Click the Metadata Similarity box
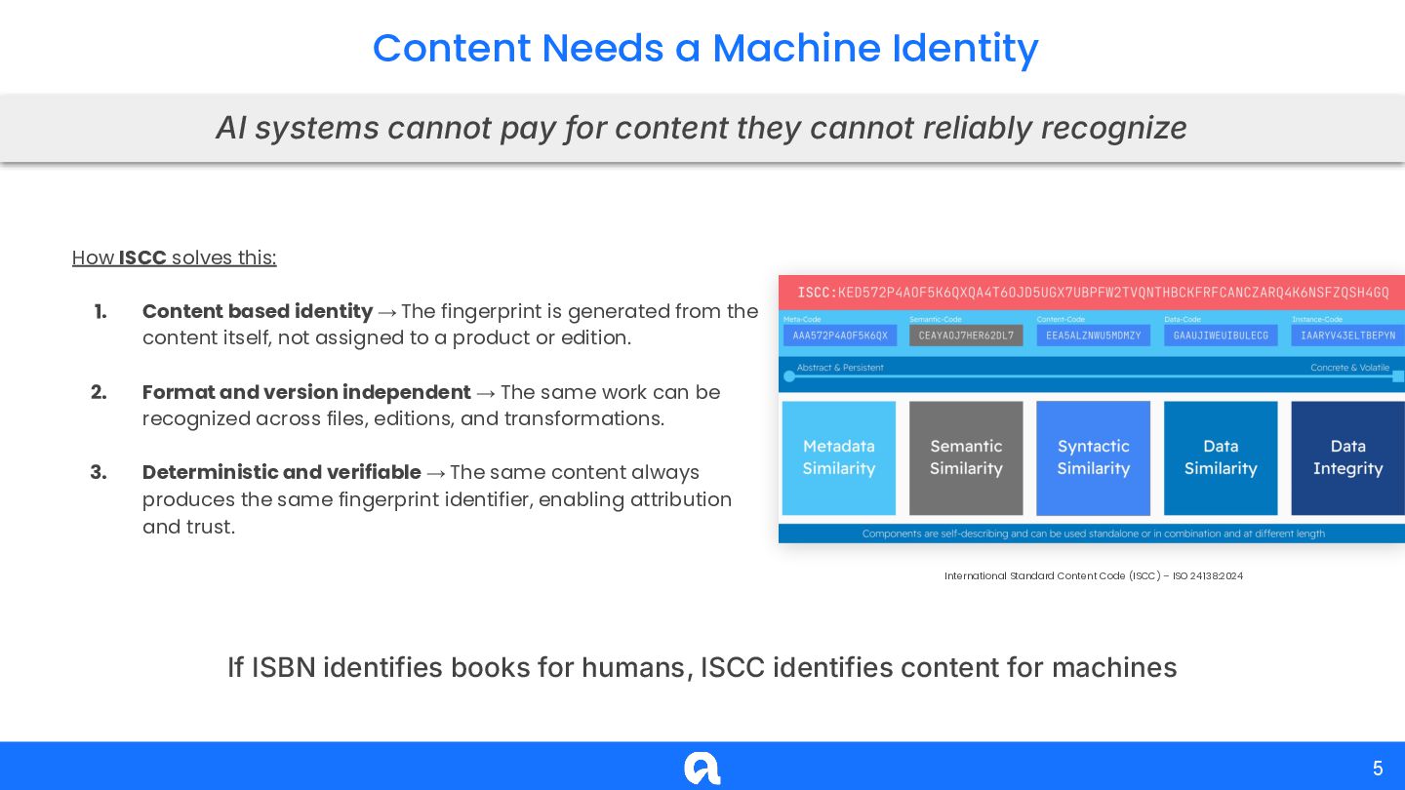(839, 457)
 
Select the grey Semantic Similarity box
(966, 457)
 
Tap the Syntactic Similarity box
(1093, 457)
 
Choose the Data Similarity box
(1221, 457)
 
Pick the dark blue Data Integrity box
(1347, 457)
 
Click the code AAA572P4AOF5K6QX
(840, 336)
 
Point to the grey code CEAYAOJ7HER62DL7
(966, 336)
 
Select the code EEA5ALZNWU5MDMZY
(1093, 336)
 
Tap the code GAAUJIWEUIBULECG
(1221, 336)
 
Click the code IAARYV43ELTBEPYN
(1347, 336)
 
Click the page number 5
(1378, 769)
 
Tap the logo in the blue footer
(702, 769)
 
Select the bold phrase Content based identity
(258, 311)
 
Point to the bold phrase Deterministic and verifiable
(282, 472)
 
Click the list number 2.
(99, 392)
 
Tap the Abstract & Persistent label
(840, 368)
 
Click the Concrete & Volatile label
(1349, 368)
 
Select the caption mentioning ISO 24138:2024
(1093, 576)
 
